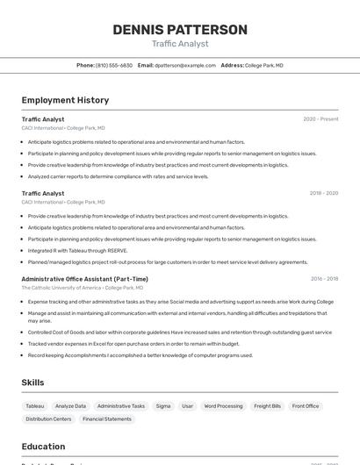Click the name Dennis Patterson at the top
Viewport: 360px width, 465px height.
[x=180, y=30]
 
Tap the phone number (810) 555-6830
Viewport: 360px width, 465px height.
[x=113, y=65]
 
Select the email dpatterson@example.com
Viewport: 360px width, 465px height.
[x=185, y=65]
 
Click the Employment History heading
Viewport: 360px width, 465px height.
[x=65, y=100]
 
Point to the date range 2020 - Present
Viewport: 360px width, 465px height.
[x=320, y=119]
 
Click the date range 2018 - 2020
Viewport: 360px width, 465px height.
[x=323, y=193]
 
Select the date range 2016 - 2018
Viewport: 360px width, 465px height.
[x=324, y=279]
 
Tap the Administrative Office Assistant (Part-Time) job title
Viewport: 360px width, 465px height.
[x=84, y=279]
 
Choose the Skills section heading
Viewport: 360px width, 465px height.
[x=33, y=383]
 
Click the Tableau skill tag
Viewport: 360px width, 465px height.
[x=35, y=406]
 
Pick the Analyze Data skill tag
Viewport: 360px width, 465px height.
[x=70, y=406]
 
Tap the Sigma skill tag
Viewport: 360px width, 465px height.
[x=163, y=406]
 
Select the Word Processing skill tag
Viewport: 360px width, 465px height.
[x=223, y=406]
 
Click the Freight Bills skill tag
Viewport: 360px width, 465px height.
[x=267, y=406]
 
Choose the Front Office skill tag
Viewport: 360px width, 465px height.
[x=306, y=406]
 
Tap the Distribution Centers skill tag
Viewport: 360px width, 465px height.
[x=49, y=419]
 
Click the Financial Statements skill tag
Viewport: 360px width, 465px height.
[x=107, y=419]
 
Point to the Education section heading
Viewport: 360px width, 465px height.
[x=43, y=446]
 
